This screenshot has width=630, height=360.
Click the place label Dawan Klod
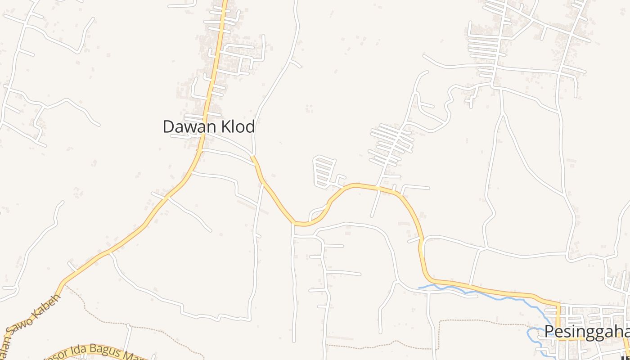pyautogui.click(x=209, y=126)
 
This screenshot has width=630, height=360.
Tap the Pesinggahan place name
pyautogui.click(x=587, y=332)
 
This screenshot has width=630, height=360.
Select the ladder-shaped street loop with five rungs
pyautogui.click(x=324, y=171)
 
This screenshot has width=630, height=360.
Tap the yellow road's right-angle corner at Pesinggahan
pyautogui.click(x=558, y=305)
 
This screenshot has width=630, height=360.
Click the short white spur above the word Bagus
pyautogui.click(x=128, y=335)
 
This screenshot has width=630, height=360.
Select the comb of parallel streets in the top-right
pyautogui.click(x=484, y=49)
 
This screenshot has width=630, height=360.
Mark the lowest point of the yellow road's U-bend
pyautogui.click(x=302, y=223)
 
